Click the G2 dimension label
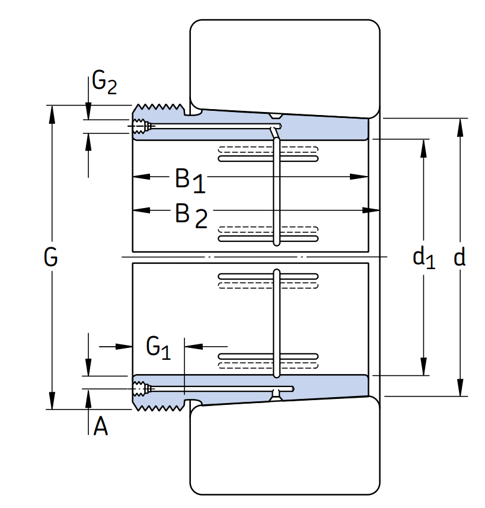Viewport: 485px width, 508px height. (104, 82)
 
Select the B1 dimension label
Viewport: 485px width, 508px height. (190, 180)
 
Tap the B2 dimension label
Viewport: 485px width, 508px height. (191, 215)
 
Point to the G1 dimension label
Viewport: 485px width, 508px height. (158, 347)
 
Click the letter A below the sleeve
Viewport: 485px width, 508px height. (100, 426)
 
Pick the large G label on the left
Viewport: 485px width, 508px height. (50, 257)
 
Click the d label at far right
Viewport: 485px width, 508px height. (460, 257)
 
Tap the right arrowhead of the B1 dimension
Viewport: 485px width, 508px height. (359, 177)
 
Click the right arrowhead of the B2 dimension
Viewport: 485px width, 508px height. (371, 210)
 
